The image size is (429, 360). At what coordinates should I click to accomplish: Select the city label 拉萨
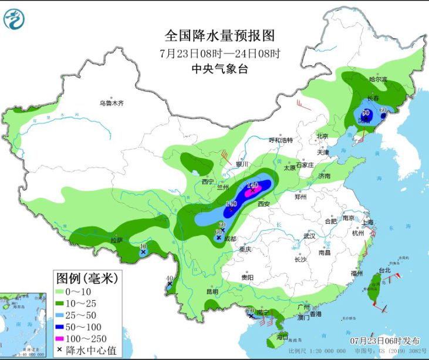click(117, 240)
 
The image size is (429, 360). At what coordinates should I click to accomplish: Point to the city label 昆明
click(212, 291)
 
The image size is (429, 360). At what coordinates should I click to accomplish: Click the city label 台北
click(384, 271)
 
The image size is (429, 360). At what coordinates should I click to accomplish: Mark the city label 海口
click(282, 337)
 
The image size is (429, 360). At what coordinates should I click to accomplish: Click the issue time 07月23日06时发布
click(385, 341)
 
